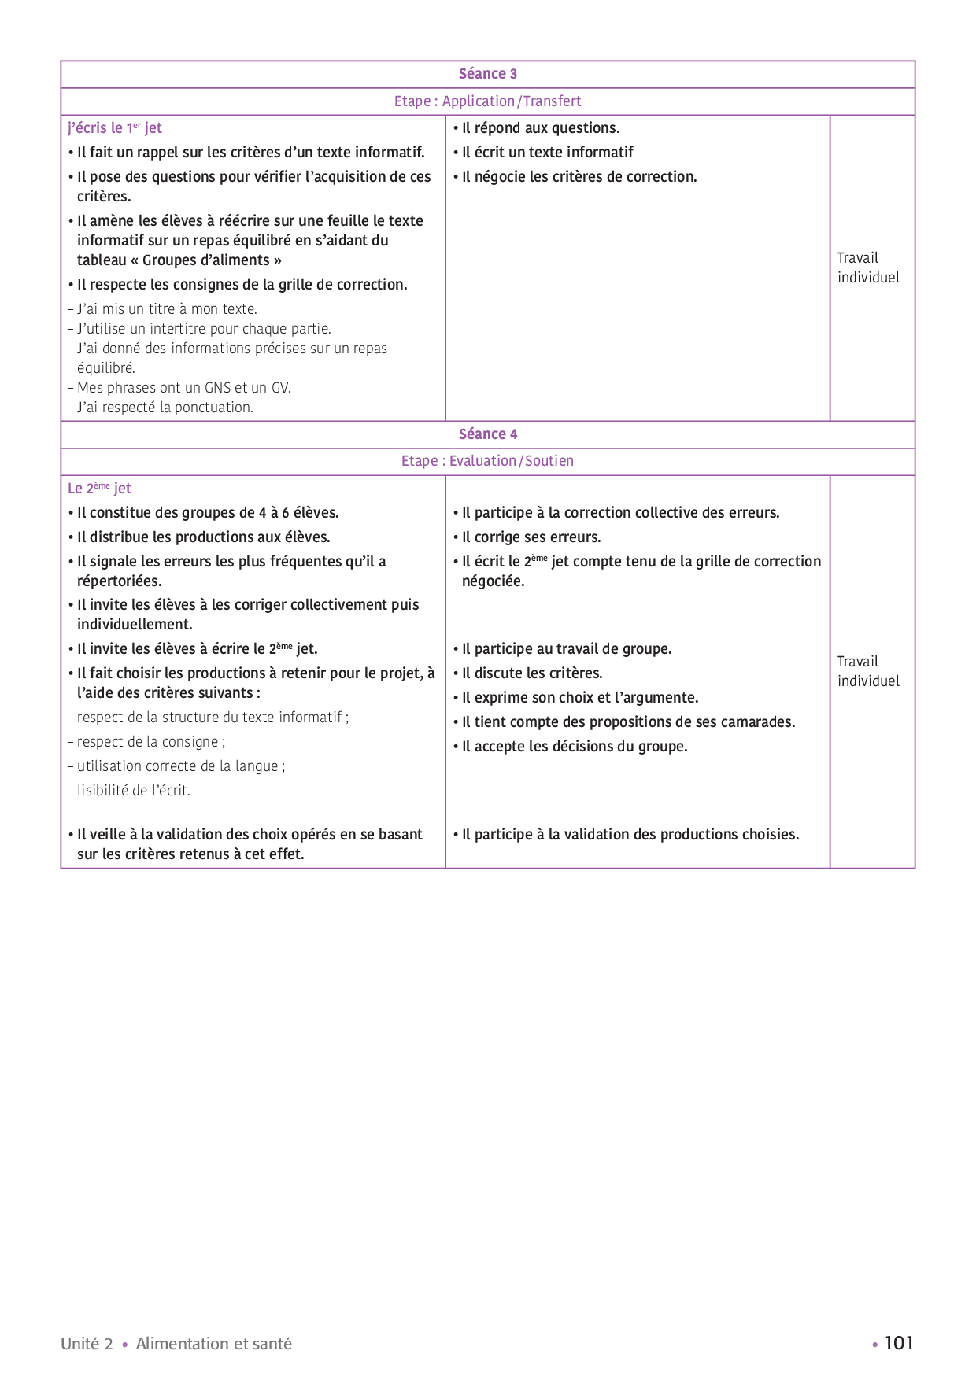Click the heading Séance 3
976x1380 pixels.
point(488,74)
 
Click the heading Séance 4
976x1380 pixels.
point(488,434)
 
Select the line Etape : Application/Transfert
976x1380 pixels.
point(488,101)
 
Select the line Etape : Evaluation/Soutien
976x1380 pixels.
point(488,461)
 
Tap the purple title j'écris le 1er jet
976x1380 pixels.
point(115,128)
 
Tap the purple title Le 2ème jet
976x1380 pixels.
point(99,489)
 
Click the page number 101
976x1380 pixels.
point(899,1343)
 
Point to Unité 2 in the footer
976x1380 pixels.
point(87,1344)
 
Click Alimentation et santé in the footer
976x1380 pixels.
point(213,1344)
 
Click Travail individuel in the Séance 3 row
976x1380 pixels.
point(868,268)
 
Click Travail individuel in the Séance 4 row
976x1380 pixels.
point(868,671)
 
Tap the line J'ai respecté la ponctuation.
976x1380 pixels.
point(165,408)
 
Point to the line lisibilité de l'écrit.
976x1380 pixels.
point(133,791)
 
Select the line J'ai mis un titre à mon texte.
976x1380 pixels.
point(167,309)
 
